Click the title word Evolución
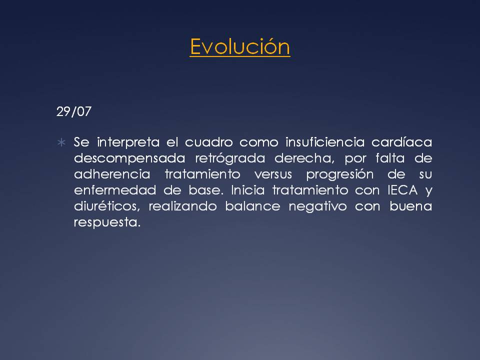239,47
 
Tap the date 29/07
74,111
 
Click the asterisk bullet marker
61,142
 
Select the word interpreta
128,142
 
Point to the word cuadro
209,142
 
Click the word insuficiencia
325,142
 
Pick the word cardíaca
401,142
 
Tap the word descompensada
129,159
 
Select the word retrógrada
230,159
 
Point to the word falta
390,158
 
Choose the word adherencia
112,174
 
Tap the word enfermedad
115,190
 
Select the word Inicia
247,190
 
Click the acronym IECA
402,190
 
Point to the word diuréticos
107,206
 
